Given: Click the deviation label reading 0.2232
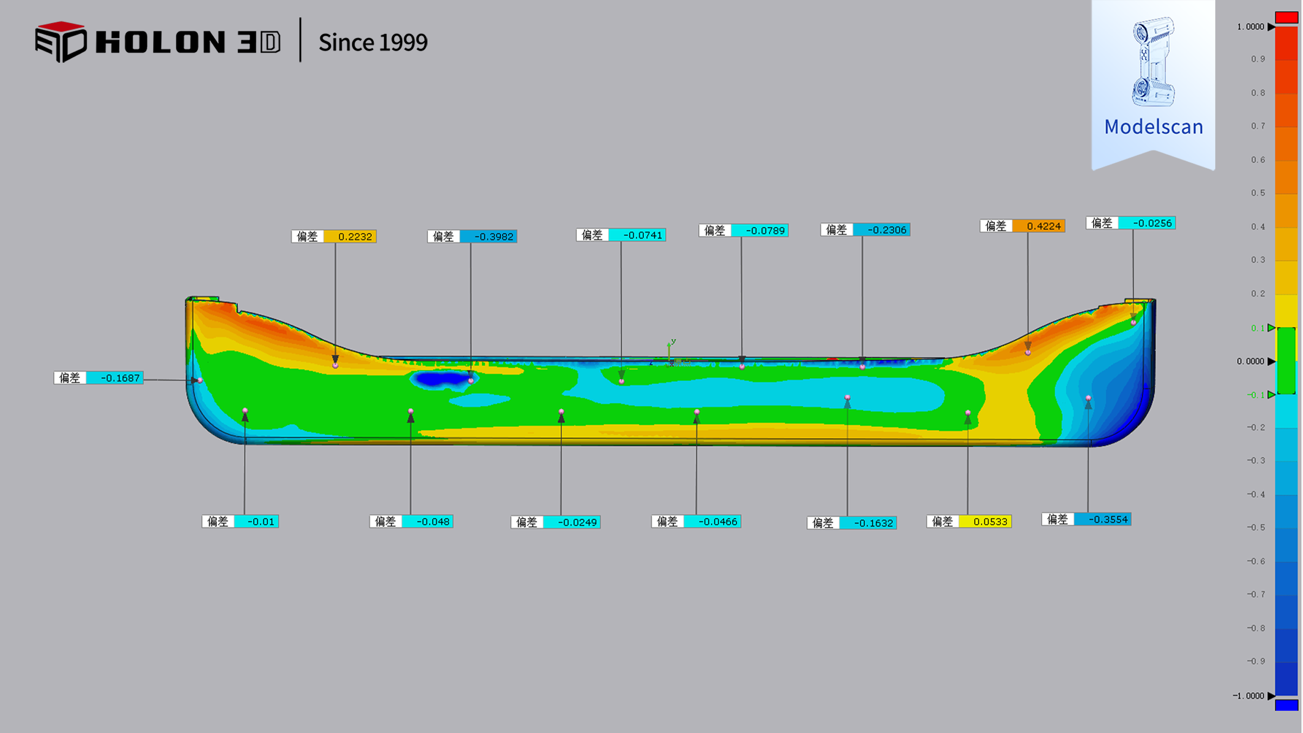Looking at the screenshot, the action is point(334,236).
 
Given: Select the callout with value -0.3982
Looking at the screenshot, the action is point(472,236).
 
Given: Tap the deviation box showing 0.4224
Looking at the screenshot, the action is point(1022,226).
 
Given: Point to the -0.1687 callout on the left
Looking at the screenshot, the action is point(98,378).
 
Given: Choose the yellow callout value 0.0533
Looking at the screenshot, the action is point(969,521).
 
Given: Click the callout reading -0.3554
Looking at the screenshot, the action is point(1086,519).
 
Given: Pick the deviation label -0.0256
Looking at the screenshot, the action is point(1130,223).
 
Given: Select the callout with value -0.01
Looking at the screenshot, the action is point(240,521).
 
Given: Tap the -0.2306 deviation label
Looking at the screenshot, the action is point(865,230).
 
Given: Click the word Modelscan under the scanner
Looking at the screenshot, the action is point(1153,127).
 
